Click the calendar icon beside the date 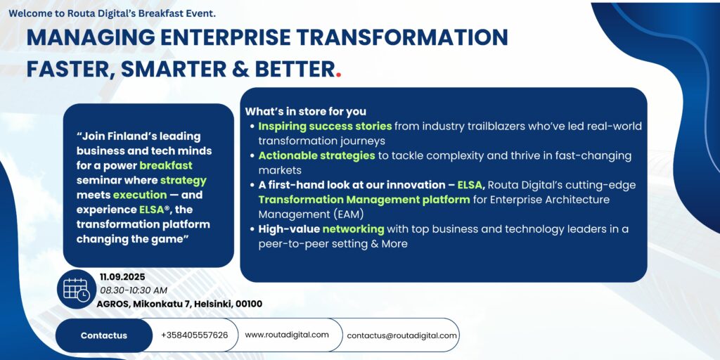click(x=77, y=289)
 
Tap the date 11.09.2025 click(x=122, y=277)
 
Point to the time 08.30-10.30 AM click(x=134, y=290)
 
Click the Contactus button click(x=104, y=335)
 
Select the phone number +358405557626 click(x=194, y=335)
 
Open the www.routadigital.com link click(x=287, y=335)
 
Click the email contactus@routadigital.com click(x=401, y=335)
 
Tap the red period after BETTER click(x=338, y=75)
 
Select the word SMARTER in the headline click(x=174, y=69)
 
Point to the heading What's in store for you click(x=305, y=112)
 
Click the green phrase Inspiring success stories click(x=325, y=127)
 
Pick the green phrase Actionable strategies click(x=317, y=155)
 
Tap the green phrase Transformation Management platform click(x=364, y=200)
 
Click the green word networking click(x=353, y=229)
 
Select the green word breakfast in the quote click(x=166, y=165)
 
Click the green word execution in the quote click(x=140, y=195)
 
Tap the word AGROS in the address click(x=113, y=304)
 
